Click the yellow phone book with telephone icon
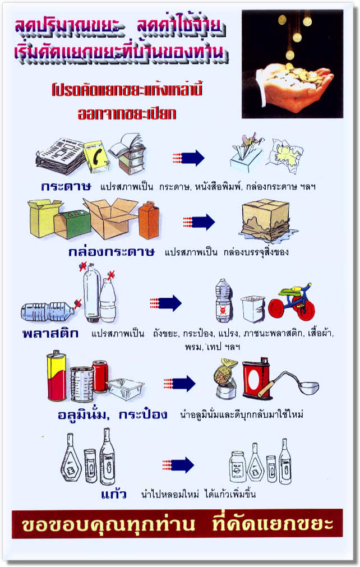coord(96,156)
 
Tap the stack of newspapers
coord(61,155)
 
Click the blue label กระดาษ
coord(66,187)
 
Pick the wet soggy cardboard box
coord(266,220)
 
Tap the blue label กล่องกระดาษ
coord(112,251)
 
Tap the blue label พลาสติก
coord(50,333)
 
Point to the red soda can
coord(100,376)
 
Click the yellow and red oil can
coord(57,376)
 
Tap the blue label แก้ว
coord(113,494)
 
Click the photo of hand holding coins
coord(292,64)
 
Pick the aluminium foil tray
coord(126,389)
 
